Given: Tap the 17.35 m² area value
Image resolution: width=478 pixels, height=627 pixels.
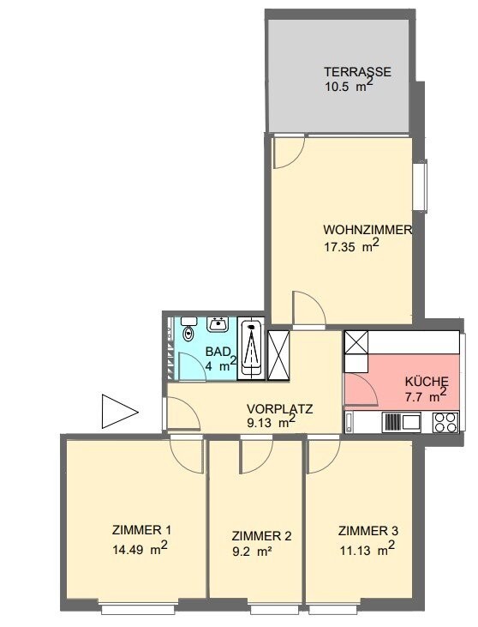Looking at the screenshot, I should coord(352,246).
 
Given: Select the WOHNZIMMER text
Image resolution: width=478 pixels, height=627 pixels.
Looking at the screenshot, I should coord(368,230).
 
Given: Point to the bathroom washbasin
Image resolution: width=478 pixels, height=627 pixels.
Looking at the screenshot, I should coord(217,324).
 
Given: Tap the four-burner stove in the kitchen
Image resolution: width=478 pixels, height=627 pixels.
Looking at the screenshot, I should coord(445,422).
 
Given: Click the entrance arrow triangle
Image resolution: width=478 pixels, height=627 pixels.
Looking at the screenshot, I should coord(117,411).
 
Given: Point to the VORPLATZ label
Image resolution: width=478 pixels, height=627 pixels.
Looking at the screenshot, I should coord(278,408).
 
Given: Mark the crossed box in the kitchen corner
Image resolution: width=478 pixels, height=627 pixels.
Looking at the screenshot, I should coord(355,345).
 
